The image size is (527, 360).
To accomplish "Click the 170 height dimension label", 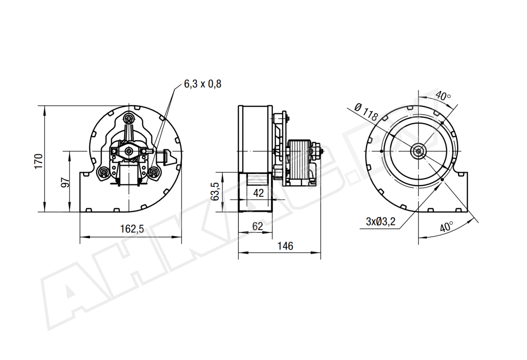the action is [x=39, y=161].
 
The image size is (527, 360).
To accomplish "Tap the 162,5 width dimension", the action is [x=132, y=229].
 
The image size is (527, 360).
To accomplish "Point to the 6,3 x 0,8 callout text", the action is [x=202, y=84].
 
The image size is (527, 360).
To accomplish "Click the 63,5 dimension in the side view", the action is [x=215, y=192].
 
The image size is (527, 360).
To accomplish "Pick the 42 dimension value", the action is [x=258, y=193].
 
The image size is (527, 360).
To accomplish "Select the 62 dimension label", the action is [x=257, y=227].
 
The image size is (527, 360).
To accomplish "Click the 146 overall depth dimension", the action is [x=285, y=246].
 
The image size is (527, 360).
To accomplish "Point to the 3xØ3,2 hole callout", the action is [x=381, y=222].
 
